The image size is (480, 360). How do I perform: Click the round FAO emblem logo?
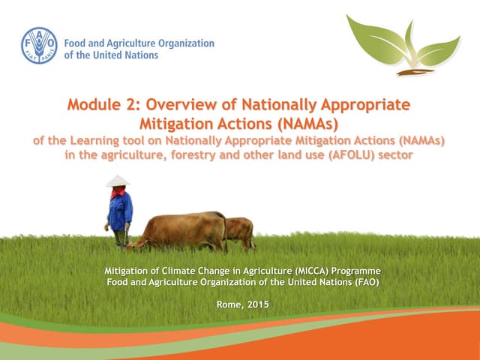39,46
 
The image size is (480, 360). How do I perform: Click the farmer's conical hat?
117,181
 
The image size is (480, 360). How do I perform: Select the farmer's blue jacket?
119,211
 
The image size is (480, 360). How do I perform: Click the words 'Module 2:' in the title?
103,105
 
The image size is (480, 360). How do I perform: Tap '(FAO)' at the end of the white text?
363,281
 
